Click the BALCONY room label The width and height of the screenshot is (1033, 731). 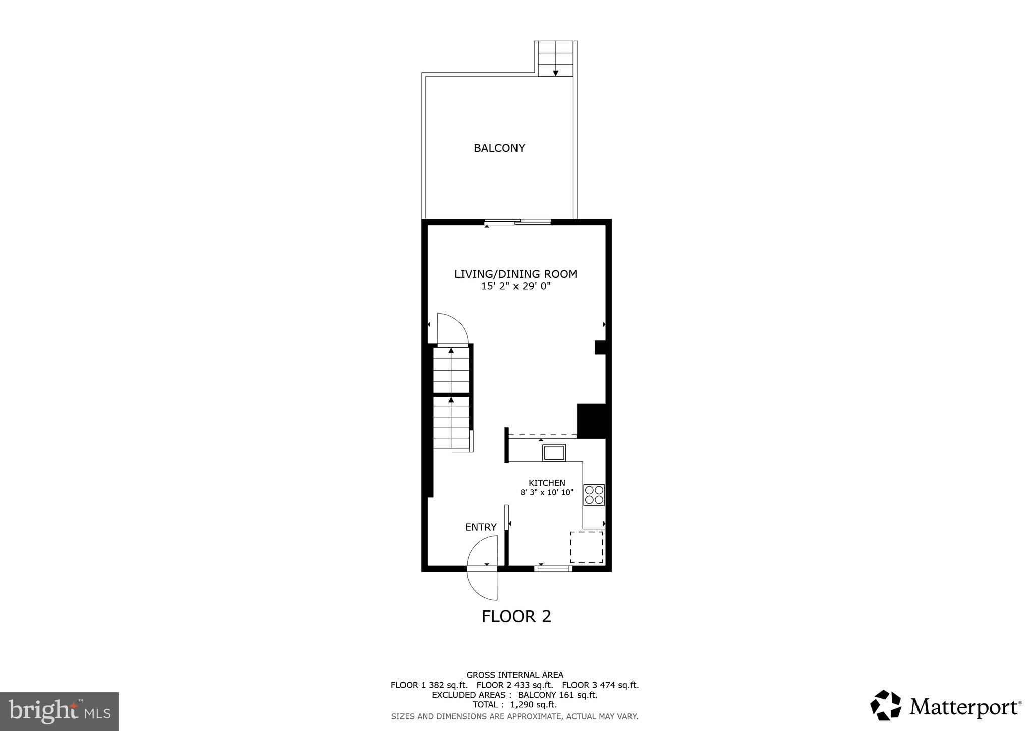499,148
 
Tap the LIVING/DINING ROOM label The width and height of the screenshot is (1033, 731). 515,274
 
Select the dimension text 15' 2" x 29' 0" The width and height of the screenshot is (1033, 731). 515,287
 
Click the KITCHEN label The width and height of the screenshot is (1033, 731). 547,483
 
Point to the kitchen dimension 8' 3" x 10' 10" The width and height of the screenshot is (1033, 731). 547,493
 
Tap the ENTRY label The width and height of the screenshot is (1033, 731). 481,527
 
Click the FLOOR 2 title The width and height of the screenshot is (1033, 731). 516,617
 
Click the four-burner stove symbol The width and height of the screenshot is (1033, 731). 594,495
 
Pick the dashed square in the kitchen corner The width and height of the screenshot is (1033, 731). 587,547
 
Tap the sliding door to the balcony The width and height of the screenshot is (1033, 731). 518,222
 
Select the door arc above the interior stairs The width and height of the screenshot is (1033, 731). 452,329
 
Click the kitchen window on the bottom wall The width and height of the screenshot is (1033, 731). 553,569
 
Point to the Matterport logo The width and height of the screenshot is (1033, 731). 946,705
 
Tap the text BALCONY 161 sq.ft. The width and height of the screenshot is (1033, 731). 557,695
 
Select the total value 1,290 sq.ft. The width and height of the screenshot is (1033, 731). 534,705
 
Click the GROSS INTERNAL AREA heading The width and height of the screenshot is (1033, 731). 514,675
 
